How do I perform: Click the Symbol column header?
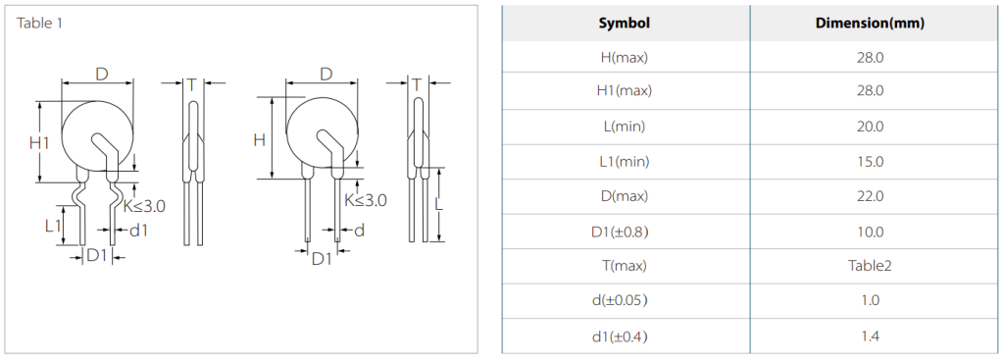[625, 24]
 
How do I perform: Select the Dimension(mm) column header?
[870, 24]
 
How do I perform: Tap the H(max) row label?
[625, 57]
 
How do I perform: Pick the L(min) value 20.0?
[871, 127]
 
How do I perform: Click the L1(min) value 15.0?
[871, 162]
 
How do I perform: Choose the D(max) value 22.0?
[871, 195]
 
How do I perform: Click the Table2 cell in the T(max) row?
[871, 265]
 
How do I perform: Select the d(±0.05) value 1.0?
[871, 300]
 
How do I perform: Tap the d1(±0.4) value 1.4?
[871, 334]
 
